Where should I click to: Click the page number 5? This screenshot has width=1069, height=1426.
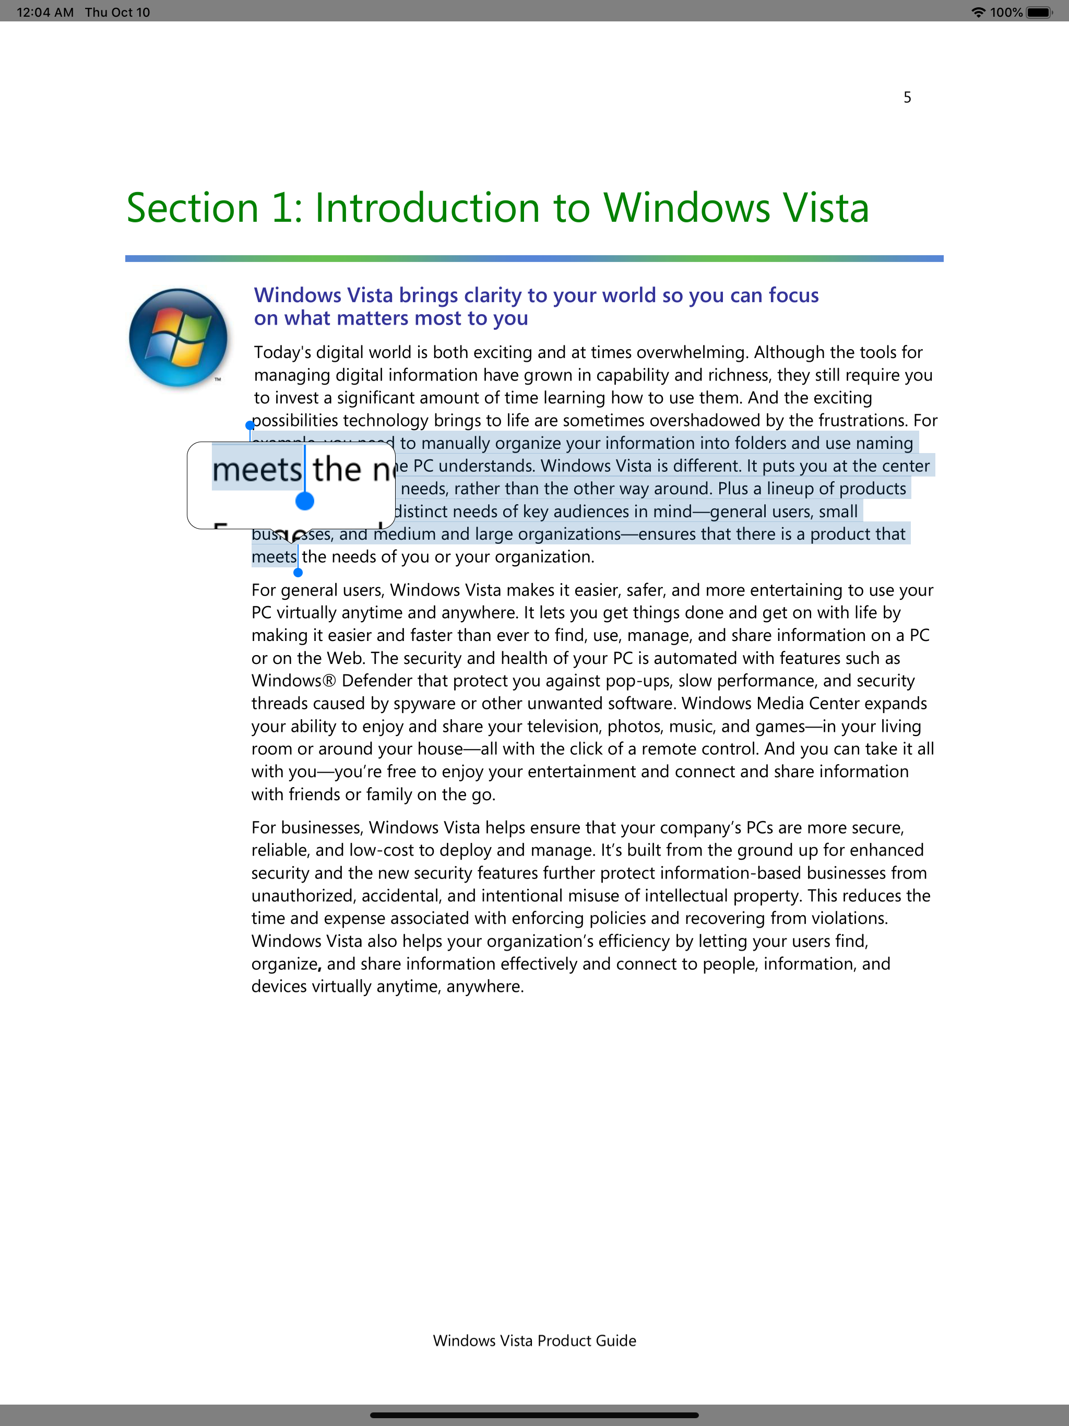click(907, 97)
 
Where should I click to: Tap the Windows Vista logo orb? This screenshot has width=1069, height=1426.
click(178, 337)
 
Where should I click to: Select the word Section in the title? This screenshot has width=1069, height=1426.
click(192, 208)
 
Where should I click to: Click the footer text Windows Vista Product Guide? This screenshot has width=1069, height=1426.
click(534, 1340)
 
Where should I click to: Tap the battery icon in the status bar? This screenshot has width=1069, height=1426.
click(1039, 12)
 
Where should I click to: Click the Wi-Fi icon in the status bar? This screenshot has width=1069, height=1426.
click(978, 12)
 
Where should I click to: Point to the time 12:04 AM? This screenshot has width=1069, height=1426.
click(45, 12)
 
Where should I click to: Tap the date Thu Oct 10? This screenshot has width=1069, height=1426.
click(117, 12)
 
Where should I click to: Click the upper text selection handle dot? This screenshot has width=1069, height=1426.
click(250, 425)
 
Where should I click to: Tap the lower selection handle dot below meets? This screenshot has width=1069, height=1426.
click(298, 573)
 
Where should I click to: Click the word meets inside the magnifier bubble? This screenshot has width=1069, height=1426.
click(257, 470)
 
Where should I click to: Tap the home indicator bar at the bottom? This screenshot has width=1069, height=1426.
click(534, 1415)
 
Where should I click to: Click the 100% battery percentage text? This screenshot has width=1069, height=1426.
click(1006, 12)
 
